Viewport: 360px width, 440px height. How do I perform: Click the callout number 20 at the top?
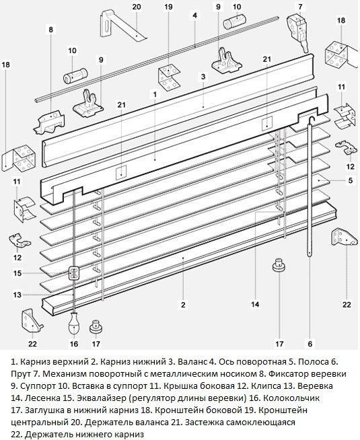tap(136, 7)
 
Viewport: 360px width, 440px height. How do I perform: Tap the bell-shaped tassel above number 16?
tap(74, 328)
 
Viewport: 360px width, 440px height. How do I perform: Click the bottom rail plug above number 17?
tap(276, 265)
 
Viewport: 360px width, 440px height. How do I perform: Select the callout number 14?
tap(255, 303)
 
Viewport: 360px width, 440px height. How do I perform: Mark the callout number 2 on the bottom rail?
tap(182, 304)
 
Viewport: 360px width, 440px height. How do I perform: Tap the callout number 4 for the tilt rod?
tap(194, 14)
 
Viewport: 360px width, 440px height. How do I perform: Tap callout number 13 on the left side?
tap(17, 295)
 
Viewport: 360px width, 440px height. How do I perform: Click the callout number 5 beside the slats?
tap(350, 180)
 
